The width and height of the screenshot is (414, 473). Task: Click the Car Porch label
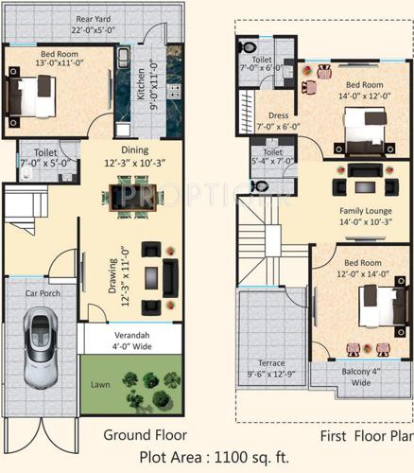point(43,293)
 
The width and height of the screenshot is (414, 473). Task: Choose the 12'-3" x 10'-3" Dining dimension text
point(134,163)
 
